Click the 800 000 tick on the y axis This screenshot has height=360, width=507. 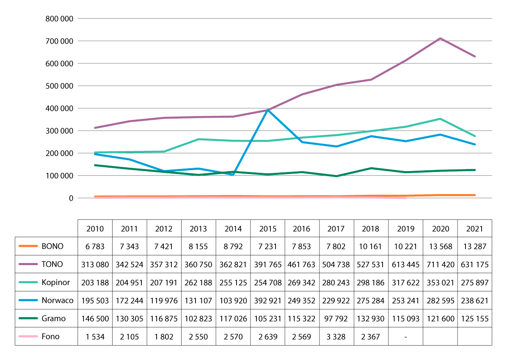[x=59, y=19]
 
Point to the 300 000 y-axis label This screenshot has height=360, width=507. [x=59, y=130]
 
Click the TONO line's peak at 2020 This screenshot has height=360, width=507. [x=440, y=39]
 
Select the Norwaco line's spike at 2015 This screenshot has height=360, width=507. [x=267, y=110]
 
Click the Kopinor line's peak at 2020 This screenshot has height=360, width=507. [x=440, y=119]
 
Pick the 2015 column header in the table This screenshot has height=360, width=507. [x=267, y=229]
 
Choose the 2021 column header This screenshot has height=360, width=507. [x=474, y=229]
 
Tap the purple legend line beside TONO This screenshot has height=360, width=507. [x=28, y=264]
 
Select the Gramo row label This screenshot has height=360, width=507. [x=52, y=318]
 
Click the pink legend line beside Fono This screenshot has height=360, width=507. [x=28, y=337]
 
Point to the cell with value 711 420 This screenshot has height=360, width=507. [x=440, y=264]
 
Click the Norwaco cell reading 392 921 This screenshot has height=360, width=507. [x=267, y=301]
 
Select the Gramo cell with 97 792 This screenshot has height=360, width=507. [x=336, y=318]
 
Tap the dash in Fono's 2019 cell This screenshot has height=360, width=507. [x=405, y=337]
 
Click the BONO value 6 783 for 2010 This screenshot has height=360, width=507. [x=95, y=246]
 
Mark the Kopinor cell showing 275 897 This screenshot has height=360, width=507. [x=474, y=282]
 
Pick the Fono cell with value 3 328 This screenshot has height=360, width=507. [x=336, y=337]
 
